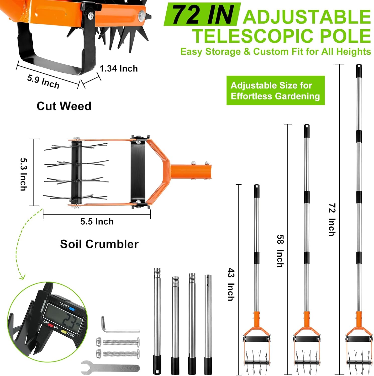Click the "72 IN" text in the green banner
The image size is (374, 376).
pyautogui.click(x=203, y=15)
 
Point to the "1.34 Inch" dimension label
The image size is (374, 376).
pyautogui.click(x=119, y=68)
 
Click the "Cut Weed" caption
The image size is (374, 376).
pyautogui.click(x=64, y=106)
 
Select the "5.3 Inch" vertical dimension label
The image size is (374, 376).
pyautogui.click(x=24, y=174)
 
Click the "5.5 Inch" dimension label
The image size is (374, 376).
pyautogui.click(x=97, y=222)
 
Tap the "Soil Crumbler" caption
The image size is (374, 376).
pyautogui.click(x=99, y=244)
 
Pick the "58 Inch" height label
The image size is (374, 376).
pyautogui.click(x=280, y=251)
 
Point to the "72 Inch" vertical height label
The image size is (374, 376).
pyautogui.click(x=332, y=220)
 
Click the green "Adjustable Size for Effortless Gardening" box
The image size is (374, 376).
pyautogui.click(x=276, y=90)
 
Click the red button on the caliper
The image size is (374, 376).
pyautogui.click(x=51, y=325)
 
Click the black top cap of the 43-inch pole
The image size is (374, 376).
pyautogui.click(x=257, y=191)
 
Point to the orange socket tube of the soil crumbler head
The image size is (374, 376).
pyautogui.click(x=191, y=172)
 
